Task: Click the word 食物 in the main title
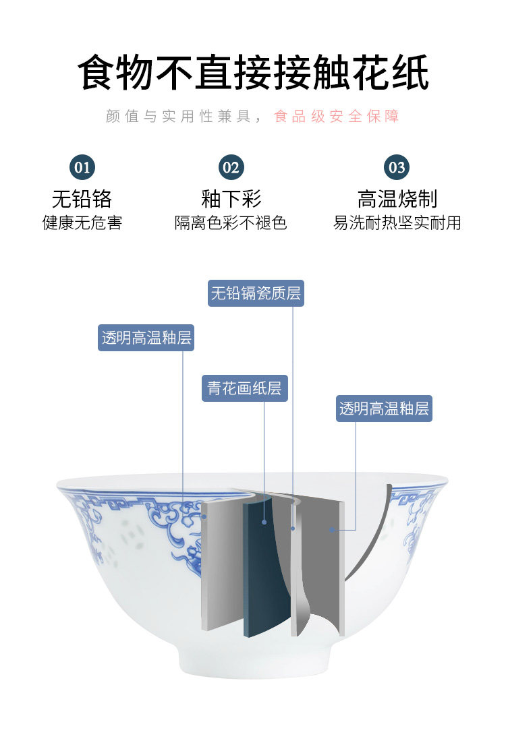(116, 73)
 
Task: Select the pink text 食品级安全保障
(337, 117)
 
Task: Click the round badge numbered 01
(82, 167)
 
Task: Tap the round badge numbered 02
(231, 167)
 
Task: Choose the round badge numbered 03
(397, 167)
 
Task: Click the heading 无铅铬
(82, 199)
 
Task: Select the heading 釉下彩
(231, 199)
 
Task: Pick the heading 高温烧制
(397, 199)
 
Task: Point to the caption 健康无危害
(82, 223)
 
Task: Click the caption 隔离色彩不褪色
(231, 223)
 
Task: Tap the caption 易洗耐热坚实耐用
(397, 223)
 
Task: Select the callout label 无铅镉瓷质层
(256, 294)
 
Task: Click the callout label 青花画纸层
(244, 388)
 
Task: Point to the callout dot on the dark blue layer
(264, 522)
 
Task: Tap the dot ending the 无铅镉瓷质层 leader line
(293, 528)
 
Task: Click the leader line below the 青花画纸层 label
(264, 458)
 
